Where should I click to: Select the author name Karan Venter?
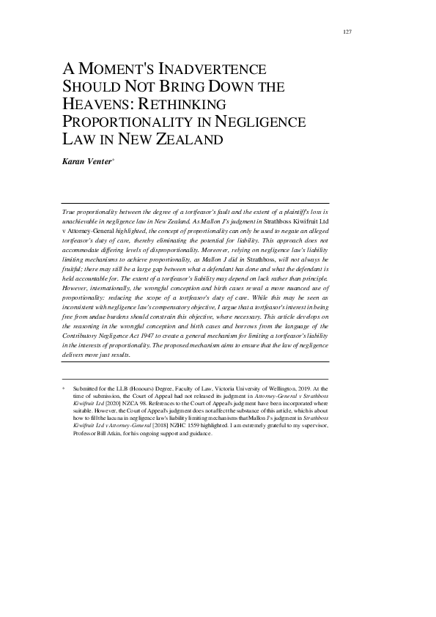coord(85,159)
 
